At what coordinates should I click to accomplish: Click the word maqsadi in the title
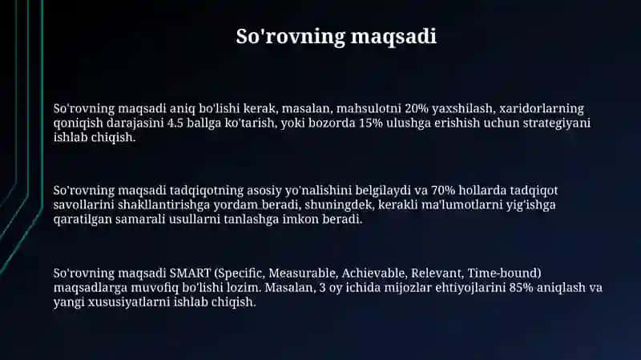click(393, 37)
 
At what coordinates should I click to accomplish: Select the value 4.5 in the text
click(175, 123)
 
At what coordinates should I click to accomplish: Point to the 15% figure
click(370, 123)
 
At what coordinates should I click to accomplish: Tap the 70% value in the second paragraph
click(443, 190)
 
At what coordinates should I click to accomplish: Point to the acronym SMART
click(190, 273)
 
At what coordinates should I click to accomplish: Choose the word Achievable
click(374, 273)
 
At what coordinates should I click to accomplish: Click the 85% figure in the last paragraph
click(522, 288)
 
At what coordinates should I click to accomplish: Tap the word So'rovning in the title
click(291, 37)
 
